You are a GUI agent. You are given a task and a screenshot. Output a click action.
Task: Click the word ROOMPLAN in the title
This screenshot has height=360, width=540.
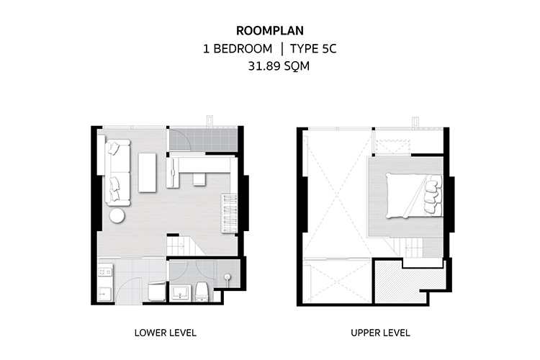point(270,31)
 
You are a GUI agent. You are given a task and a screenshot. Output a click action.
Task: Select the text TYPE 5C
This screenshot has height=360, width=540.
point(312,48)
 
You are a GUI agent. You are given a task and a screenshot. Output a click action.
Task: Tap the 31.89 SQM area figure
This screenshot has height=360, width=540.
point(279,66)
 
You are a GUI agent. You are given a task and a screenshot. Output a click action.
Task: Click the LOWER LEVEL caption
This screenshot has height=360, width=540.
point(166,333)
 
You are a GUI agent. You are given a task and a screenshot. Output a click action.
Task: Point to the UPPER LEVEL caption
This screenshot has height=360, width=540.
point(380,333)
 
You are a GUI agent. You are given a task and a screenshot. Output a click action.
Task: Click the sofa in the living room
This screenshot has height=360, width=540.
point(117,172)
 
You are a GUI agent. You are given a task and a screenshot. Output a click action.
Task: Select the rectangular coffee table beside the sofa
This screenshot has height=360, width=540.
point(147,173)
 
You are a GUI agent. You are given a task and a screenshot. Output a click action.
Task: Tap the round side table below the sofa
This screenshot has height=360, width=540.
point(117,216)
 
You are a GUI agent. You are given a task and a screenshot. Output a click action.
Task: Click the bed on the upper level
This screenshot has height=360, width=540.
point(414,195)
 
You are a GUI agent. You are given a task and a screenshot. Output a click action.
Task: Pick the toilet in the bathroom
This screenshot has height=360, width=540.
point(201,292)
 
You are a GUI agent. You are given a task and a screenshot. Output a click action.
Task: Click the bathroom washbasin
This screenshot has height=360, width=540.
point(181,292)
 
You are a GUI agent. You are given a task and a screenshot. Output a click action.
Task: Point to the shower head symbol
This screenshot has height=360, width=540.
point(227,277)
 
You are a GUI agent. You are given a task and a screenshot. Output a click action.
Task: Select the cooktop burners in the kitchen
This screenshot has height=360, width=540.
point(105,272)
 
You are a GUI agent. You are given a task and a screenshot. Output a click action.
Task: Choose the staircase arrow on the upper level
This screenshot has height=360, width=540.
point(412,247)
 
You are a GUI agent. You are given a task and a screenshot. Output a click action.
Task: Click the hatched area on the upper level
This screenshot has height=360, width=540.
point(410,282)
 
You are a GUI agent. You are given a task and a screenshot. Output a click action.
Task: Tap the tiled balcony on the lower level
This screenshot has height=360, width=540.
point(203,140)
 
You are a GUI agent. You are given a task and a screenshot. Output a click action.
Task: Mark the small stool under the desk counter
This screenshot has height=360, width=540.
point(199,179)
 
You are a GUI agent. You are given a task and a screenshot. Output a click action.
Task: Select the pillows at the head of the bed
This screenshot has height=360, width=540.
point(433,194)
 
